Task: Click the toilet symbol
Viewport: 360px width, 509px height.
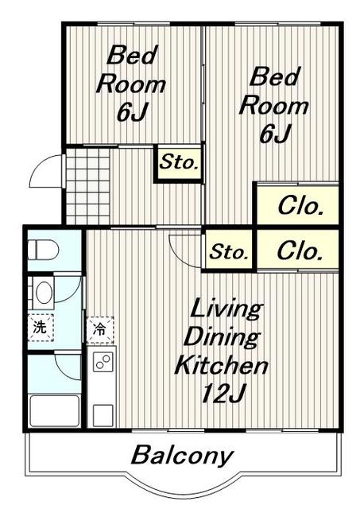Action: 43,250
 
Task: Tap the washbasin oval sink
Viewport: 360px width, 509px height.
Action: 44,292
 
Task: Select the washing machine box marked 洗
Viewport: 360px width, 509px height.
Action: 41,328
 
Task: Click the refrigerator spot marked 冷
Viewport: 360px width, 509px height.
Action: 100,330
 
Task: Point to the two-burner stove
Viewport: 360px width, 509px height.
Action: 103,362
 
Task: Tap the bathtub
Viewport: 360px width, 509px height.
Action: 54,411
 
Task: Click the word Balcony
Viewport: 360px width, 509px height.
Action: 182,456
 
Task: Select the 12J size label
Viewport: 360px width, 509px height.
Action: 223,394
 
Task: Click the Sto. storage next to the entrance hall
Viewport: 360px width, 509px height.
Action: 179,162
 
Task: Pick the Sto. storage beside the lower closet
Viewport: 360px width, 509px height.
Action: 229,251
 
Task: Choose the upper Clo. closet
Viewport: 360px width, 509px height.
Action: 298,204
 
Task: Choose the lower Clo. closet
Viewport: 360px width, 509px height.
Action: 298,250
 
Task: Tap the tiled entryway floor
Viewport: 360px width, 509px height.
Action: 88,186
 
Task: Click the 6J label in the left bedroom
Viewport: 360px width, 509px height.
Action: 132,112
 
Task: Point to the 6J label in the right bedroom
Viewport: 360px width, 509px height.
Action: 274,134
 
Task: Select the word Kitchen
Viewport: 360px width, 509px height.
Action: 222,365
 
